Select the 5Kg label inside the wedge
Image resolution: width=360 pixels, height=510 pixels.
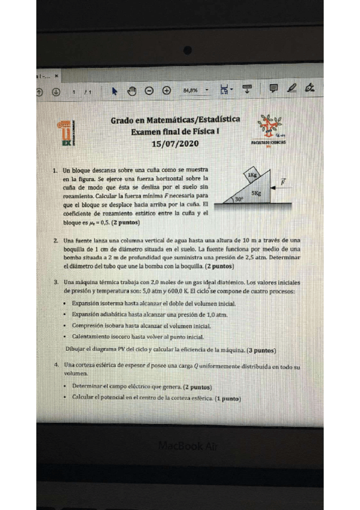point(257,194)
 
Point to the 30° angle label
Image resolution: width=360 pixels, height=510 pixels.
point(239,198)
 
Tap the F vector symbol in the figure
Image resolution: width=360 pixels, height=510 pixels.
point(283,180)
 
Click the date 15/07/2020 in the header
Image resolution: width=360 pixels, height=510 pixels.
point(174,144)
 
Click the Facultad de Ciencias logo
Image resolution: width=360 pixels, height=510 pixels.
point(269,130)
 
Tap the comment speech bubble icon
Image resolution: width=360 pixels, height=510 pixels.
point(274,90)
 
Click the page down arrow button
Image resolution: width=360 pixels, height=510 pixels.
point(56,91)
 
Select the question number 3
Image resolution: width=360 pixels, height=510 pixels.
point(55,281)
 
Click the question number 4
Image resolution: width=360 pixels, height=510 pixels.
point(55,365)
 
